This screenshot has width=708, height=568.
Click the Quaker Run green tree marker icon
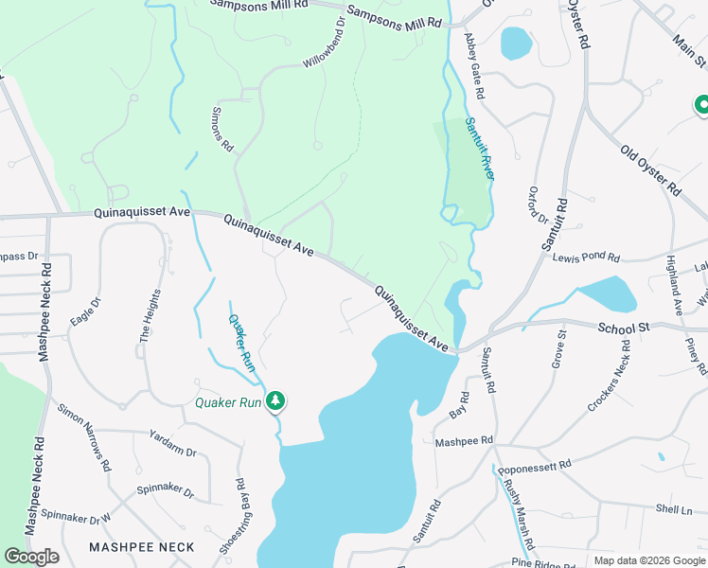point(275,400)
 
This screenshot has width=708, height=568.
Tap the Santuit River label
point(480,149)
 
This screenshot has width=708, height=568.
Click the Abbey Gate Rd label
point(474,66)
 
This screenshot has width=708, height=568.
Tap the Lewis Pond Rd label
point(586,257)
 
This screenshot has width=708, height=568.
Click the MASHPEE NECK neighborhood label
point(141,547)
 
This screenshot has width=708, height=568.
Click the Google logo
point(32,557)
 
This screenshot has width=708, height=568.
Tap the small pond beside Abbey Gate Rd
point(516,43)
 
